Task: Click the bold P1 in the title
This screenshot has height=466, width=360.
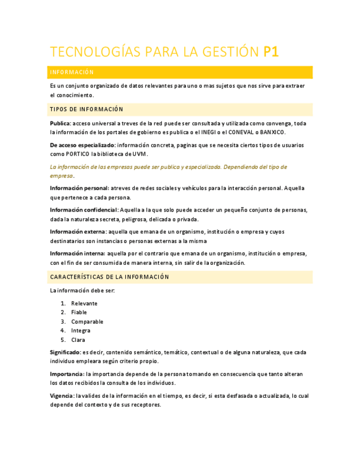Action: click(x=271, y=52)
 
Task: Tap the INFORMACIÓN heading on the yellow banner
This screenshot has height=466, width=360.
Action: click(x=71, y=73)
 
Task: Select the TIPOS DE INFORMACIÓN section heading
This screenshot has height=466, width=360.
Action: click(x=86, y=109)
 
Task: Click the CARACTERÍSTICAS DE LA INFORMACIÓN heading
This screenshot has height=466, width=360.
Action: click(x=109, y=277)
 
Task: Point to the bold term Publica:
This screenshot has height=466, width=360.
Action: click(x=60, y=123)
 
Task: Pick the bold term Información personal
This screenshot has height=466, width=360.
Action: click(x=79, y=188)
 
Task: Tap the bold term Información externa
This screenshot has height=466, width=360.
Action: click(x=77, y=231)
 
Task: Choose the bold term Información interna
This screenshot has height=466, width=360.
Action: click(x=77, y=253)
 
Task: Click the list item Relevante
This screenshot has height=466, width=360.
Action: click(x=84, y=303)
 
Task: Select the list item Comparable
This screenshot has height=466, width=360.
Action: click(x=87, y=321)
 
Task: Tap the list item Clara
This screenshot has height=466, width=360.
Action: click(x=78, y=340)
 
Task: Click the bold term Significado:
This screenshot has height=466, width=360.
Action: click(x=65, y=352)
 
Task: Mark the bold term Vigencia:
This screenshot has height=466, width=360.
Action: click(x=62, y=396)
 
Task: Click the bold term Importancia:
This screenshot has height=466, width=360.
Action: click(x=67, y=374)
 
